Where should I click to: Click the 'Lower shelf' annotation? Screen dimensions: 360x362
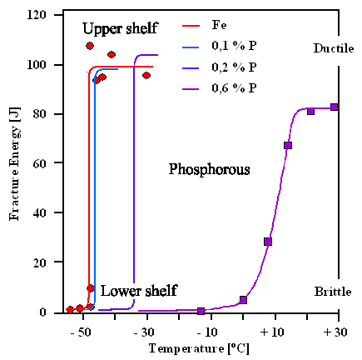point(138,291)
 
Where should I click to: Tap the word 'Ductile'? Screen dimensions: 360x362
point(333,48)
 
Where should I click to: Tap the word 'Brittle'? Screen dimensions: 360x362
point(333,292)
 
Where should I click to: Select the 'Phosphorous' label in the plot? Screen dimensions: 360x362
point(210,170)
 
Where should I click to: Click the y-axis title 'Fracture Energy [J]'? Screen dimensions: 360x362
point(14,164)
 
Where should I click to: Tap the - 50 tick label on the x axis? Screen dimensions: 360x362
point(81,332)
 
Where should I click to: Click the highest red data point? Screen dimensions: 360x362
point(90,46)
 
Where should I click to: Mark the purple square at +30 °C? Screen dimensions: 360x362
point(335,107)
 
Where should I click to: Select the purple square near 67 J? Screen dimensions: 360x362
point(288,146)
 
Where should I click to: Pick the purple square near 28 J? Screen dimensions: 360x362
point(268,242)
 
